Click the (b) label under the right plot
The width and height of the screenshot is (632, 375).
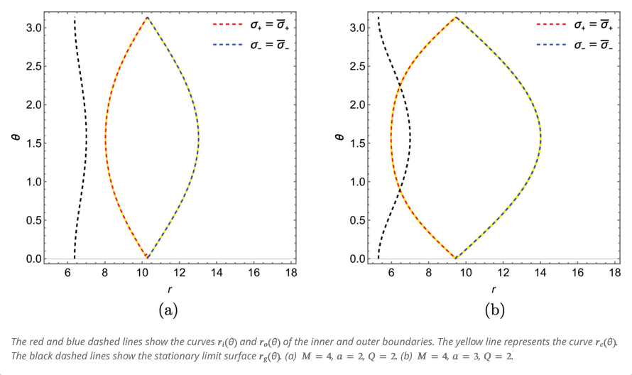click(x=494, y=310)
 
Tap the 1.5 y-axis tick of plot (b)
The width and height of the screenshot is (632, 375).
click(x=357, y=143)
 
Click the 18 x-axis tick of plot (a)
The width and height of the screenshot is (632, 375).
click(x=290, y=273)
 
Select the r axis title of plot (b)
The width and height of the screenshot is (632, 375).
click(x=494, y=290)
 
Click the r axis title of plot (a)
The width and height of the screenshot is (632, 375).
click(x=169, y=290)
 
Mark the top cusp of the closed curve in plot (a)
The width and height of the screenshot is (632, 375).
click(x=147, y=17)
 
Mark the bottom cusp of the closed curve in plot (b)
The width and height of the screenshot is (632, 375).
click(x=455, y=258)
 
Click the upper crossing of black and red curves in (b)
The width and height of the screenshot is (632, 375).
click(x=401, y=87)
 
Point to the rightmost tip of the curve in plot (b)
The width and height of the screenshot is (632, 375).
click(x=541, y=137)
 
